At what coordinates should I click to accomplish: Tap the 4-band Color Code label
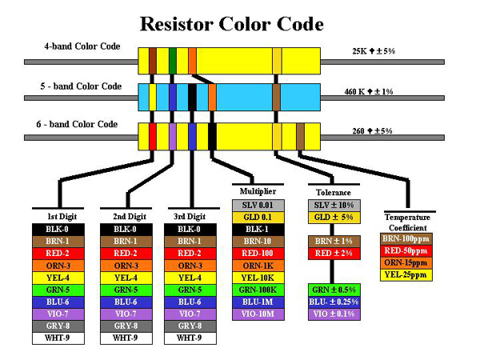(x=82, y=46)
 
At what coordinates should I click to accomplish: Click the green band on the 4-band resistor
(x=173, y=59)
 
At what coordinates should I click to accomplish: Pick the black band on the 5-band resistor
(x=192, y=97)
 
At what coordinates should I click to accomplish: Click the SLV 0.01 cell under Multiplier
(x=257, y=206)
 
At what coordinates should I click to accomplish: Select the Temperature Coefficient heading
(x=407, y=222)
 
